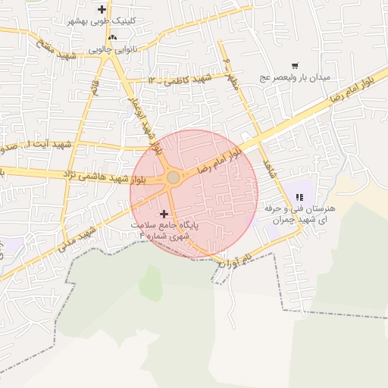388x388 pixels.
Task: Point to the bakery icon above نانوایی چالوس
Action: [x=112, y=37]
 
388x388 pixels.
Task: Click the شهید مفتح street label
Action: [x=57, y=50]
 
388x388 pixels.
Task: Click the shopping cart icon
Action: [x=294, y=67]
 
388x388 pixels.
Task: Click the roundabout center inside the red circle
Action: [x=173, y=177]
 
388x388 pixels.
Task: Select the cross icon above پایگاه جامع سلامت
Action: [x=164, y=214]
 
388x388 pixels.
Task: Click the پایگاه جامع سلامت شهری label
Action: [x=162, y=230]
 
